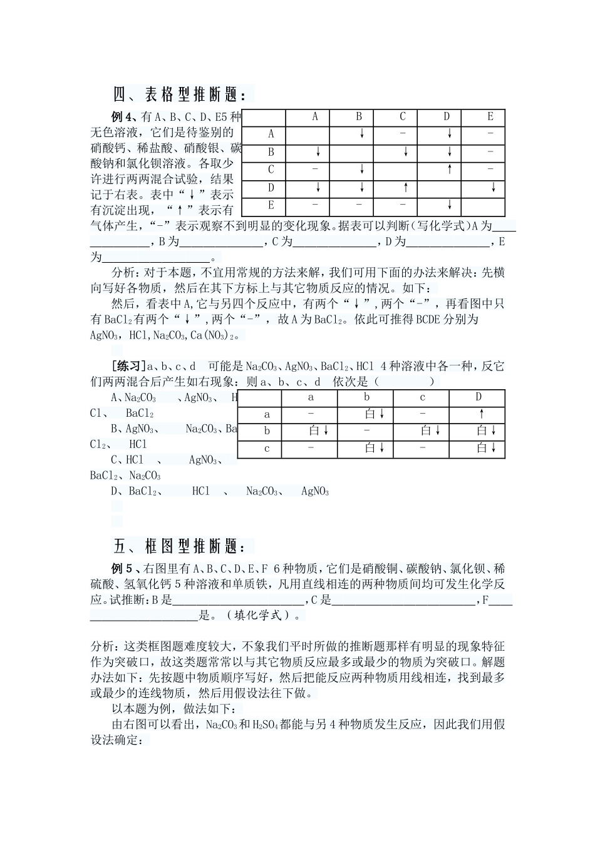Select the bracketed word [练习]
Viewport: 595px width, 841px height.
128,366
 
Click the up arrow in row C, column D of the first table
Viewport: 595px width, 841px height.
449,170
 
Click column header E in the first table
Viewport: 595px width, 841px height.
490,117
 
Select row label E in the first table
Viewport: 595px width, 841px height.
271,205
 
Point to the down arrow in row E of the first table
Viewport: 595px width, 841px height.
449,205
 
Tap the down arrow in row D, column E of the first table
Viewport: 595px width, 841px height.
494,188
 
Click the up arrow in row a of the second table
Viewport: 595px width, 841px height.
481,414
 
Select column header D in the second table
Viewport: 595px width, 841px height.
479,397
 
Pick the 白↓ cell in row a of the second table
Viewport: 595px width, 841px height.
374,414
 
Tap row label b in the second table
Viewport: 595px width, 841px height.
267,431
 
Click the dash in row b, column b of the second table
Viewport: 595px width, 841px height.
367,431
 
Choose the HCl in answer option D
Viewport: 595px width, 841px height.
201,491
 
